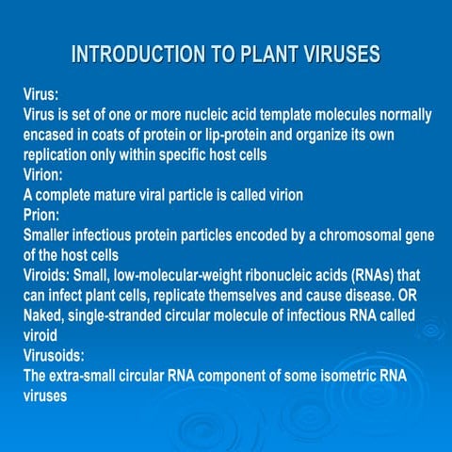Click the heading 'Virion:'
[x=44, y=175]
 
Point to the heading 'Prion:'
[x=42, y=216]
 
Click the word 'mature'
[x=118, y=195]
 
